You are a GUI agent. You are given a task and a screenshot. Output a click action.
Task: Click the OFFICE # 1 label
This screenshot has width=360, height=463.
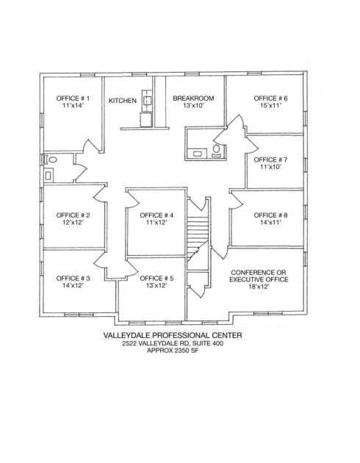pyautogui.click(x=73, y=98)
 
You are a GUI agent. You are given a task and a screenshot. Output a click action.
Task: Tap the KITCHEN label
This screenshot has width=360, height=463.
pyautogui.click(x=123, y=101)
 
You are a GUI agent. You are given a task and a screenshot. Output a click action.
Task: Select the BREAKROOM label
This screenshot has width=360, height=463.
pyautogui.click(x=193, y=98)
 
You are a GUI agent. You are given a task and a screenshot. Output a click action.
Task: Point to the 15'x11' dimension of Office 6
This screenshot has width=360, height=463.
pyautogui.click(x=270, y=105)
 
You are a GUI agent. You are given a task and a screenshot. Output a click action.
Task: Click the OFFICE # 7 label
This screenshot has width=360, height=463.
pyautogui.click(x=270, y=159)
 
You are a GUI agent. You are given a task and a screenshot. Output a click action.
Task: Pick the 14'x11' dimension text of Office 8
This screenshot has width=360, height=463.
pyautogui.click(x=270, y=223)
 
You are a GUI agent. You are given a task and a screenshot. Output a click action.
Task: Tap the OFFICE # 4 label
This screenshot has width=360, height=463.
pyautogui.click(x=156, y=215)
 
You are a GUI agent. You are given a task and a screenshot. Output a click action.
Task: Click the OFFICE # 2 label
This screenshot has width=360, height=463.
pyautogui.click(x=73, y=215)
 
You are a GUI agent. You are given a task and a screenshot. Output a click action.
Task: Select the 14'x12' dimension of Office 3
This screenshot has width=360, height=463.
pyautogui.click(x=73, y=286)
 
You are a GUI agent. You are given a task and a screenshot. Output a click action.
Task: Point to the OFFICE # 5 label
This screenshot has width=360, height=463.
pyautogui.click(x=156, y=279)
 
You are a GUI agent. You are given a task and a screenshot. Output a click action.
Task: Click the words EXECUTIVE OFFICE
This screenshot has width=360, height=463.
pyautogui.click(x=259, y=279)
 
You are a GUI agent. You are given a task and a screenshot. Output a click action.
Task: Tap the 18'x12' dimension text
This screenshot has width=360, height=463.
pyautogui.click(x=259, y=287)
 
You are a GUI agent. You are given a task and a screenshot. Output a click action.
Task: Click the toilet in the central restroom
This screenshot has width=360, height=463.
pyautogui.click(x=217, y=150)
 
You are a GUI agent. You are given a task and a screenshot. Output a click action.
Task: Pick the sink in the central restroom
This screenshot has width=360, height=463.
pyautogui.click(x=197, y=154)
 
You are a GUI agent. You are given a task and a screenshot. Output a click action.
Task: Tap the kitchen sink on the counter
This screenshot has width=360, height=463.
pyautogui.click(x=147, y=101)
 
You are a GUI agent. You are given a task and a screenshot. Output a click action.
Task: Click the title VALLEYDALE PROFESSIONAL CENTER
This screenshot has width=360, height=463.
pyautogui.click(x=173, y=335)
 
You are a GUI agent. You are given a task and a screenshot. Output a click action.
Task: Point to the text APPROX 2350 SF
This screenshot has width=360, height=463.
pyautogui.click(x=173, y=351)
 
